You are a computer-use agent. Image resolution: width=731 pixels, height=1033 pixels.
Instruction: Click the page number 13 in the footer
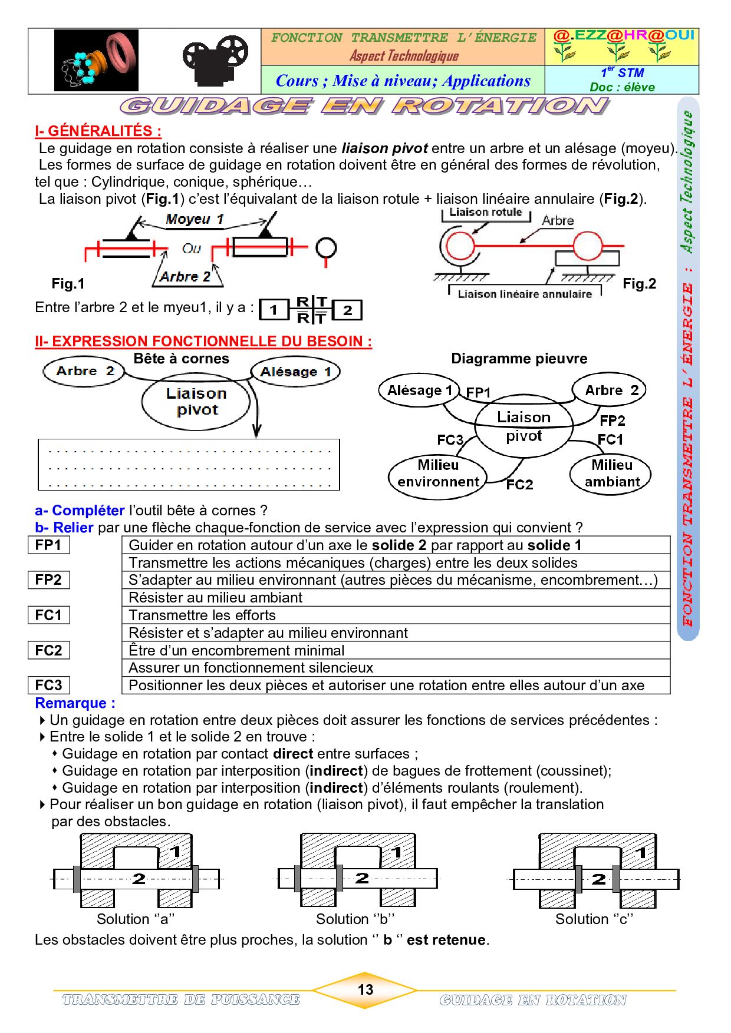pos(365,989)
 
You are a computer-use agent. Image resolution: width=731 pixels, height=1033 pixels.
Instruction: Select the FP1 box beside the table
pos(48,545)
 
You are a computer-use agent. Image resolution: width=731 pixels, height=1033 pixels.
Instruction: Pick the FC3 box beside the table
pos(48,685)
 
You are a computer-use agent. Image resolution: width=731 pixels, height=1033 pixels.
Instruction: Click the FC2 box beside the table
pos(48,650)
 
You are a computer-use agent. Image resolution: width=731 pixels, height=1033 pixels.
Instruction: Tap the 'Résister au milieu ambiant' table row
pos(395,598)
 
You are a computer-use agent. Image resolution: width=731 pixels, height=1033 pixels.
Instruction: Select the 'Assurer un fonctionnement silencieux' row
pos(395,668)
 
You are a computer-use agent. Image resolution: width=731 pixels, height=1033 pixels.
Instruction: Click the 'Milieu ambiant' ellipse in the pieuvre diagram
pos(611,474)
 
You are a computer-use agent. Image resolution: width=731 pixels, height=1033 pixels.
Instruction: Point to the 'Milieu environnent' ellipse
pos(437,474)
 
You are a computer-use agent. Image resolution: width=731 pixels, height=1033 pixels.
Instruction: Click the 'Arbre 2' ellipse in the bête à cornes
pos(84,371)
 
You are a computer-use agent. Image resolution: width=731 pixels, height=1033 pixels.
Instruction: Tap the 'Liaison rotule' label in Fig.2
pos(486,213)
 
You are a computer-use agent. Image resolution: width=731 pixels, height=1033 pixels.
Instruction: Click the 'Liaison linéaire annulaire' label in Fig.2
pos(525,294)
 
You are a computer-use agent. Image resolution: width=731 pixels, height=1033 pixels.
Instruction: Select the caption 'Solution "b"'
pos(355,919)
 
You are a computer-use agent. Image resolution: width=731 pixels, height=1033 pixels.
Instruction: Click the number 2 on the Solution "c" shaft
pos(598,879)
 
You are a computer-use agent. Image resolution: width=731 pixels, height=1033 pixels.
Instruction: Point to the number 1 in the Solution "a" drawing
pos(175,852)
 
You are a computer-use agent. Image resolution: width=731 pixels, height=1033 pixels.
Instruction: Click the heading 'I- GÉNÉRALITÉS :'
pos(98,131)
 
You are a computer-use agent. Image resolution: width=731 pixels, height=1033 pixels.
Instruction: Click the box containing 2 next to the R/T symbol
pos(347,310)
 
